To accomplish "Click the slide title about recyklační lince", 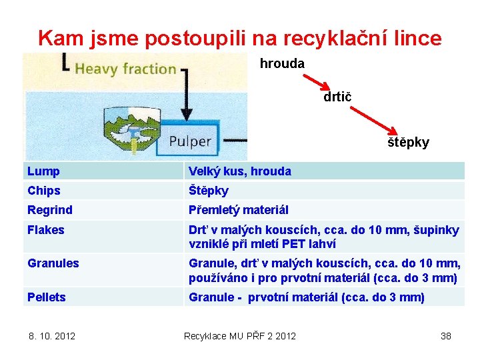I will tap(240, 38).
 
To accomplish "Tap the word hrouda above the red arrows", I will tap(282, 64).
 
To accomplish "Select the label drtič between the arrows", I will tap(337, 97).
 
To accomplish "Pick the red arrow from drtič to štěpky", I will tap(374, 119).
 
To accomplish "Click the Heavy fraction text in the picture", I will tap(125, 69).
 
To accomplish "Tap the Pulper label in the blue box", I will tap(189, 141).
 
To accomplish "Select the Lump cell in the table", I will tap(44, 171).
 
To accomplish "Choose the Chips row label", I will tap(44, 191).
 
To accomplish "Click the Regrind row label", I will tap(50, 210).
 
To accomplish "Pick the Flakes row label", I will tap(46, 230).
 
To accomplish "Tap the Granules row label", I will tap(53, 263).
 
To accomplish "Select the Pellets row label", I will tap(47, 297).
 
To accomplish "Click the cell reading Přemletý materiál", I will tap(239, 210).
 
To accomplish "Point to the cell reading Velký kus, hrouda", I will tap(240, 171).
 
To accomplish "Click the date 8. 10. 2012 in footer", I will tap(52, 335).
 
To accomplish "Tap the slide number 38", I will tap(446, 335).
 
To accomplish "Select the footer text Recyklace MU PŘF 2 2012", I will tap(240, 335).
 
